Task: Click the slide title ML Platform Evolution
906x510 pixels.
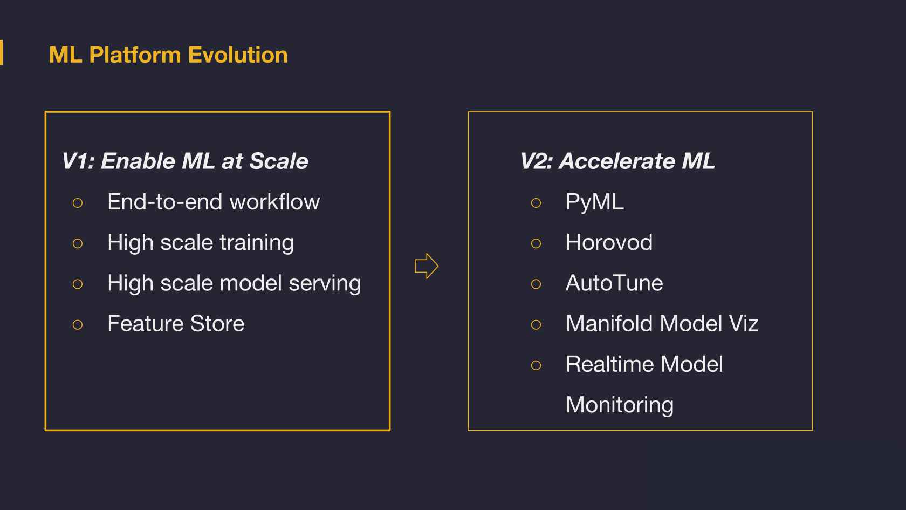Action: coord(168,55)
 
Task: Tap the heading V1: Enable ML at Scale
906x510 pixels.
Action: coord(185,161)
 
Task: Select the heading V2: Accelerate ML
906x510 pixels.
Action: coord(617,161)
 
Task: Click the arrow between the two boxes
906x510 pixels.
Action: coord(427,266)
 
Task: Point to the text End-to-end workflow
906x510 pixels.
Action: coord(214,202)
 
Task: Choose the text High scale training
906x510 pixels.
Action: coord(201,243)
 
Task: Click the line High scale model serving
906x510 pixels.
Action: coord(234,283)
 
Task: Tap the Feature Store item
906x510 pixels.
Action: coord(176,323)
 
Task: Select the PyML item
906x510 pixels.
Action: coord(594,202)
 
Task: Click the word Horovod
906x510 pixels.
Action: coord(609,242)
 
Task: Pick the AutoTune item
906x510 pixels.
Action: coord(614,283)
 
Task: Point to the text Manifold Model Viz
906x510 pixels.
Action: coord(662,323)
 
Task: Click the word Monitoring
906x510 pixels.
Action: coord(620,405)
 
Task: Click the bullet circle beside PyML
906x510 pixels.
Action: coord(536,203)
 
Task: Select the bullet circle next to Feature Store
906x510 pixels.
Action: coord(78,325)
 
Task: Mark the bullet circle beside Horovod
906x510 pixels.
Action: coord(536,243)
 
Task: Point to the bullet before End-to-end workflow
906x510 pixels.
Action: coord(78,203)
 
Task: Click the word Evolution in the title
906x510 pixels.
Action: coord(238,55)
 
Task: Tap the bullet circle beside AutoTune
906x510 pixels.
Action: coord(536,284)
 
